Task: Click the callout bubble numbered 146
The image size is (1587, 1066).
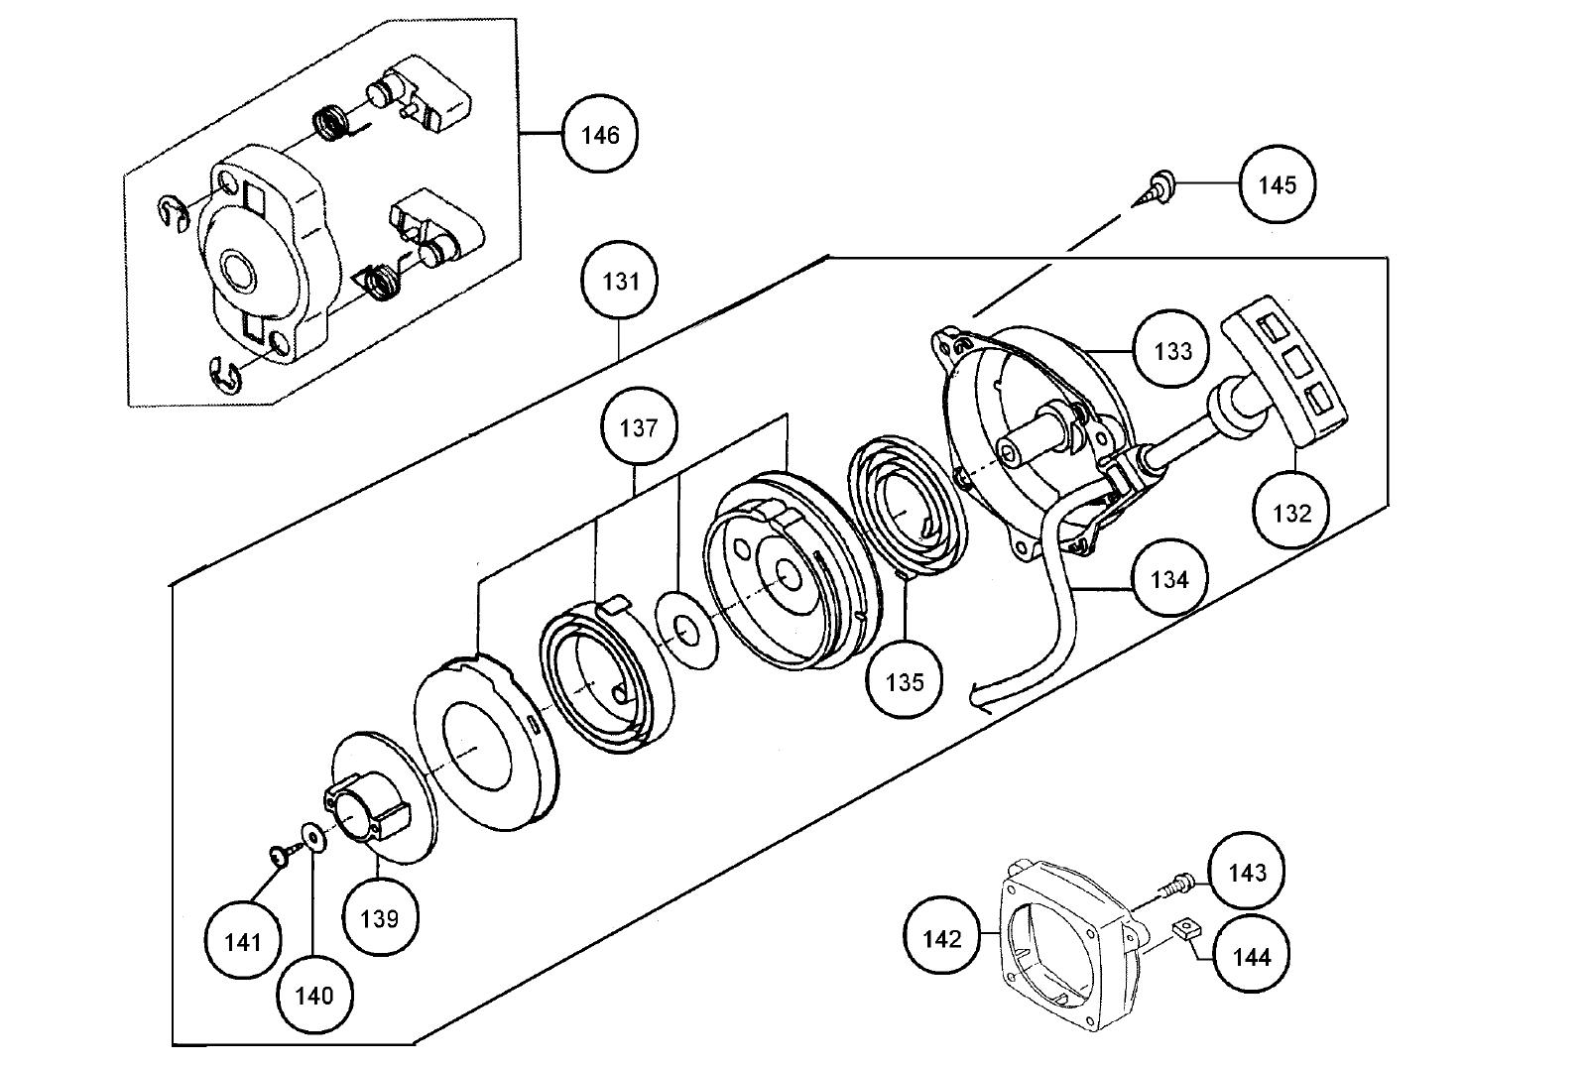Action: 599,135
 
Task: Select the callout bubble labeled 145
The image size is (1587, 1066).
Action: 1277,184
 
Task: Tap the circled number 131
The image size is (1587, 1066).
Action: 621,282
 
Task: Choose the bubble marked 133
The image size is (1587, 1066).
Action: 1172,350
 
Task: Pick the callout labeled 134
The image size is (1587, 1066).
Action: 1169,578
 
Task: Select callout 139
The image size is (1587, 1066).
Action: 379,917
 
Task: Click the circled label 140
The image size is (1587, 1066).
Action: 313,994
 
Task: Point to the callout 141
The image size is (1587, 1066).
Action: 242,941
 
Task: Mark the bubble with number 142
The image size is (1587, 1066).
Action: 941,937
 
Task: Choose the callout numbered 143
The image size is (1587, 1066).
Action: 1247,872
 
